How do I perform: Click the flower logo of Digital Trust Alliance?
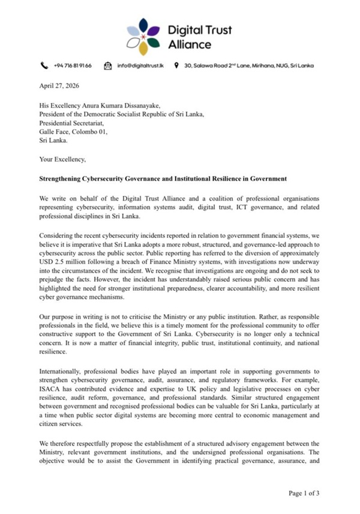143,36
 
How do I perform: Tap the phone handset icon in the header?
44,65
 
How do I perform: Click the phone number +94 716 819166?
73,65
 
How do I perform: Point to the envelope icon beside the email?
108,65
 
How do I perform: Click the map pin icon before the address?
176,65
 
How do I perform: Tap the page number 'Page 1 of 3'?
304,494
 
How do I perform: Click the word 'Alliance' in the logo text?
190,44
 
